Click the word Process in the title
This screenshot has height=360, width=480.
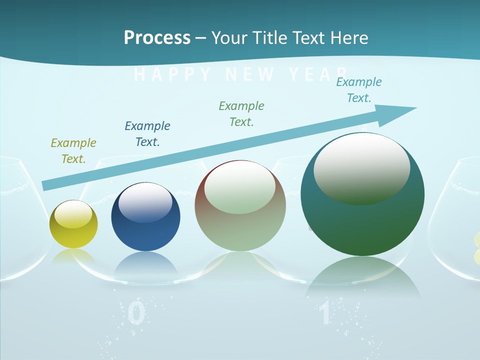pyautogui.click(x=157, y=38)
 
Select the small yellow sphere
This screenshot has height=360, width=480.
pyautogui.click(x=73, y=224)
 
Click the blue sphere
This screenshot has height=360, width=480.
pyautogui.click(x=145, y=217)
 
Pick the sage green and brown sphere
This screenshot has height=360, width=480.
pyautogui.click(x=240, y=205)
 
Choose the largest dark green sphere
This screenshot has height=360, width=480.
pyautogui.click(x=362, y=194)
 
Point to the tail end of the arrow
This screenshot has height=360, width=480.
pyautogui.click(x=46, y=185)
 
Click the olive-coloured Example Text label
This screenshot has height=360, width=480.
pyautogui.click(x=73, y=151)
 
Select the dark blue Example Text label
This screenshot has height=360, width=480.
pyautogui.click(x=147, y=134)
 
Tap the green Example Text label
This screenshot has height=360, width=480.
pyautogui.click(x=241, y=114)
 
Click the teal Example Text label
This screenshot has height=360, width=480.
pyautogui.click(x=359, y=90)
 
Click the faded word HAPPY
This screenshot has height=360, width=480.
pyautogui.click(x=173, y=75)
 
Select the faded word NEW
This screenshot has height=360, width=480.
pyautogui.click(x=250, y=75)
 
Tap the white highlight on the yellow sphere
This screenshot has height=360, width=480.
pyautogui.click(x=73, y=214)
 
